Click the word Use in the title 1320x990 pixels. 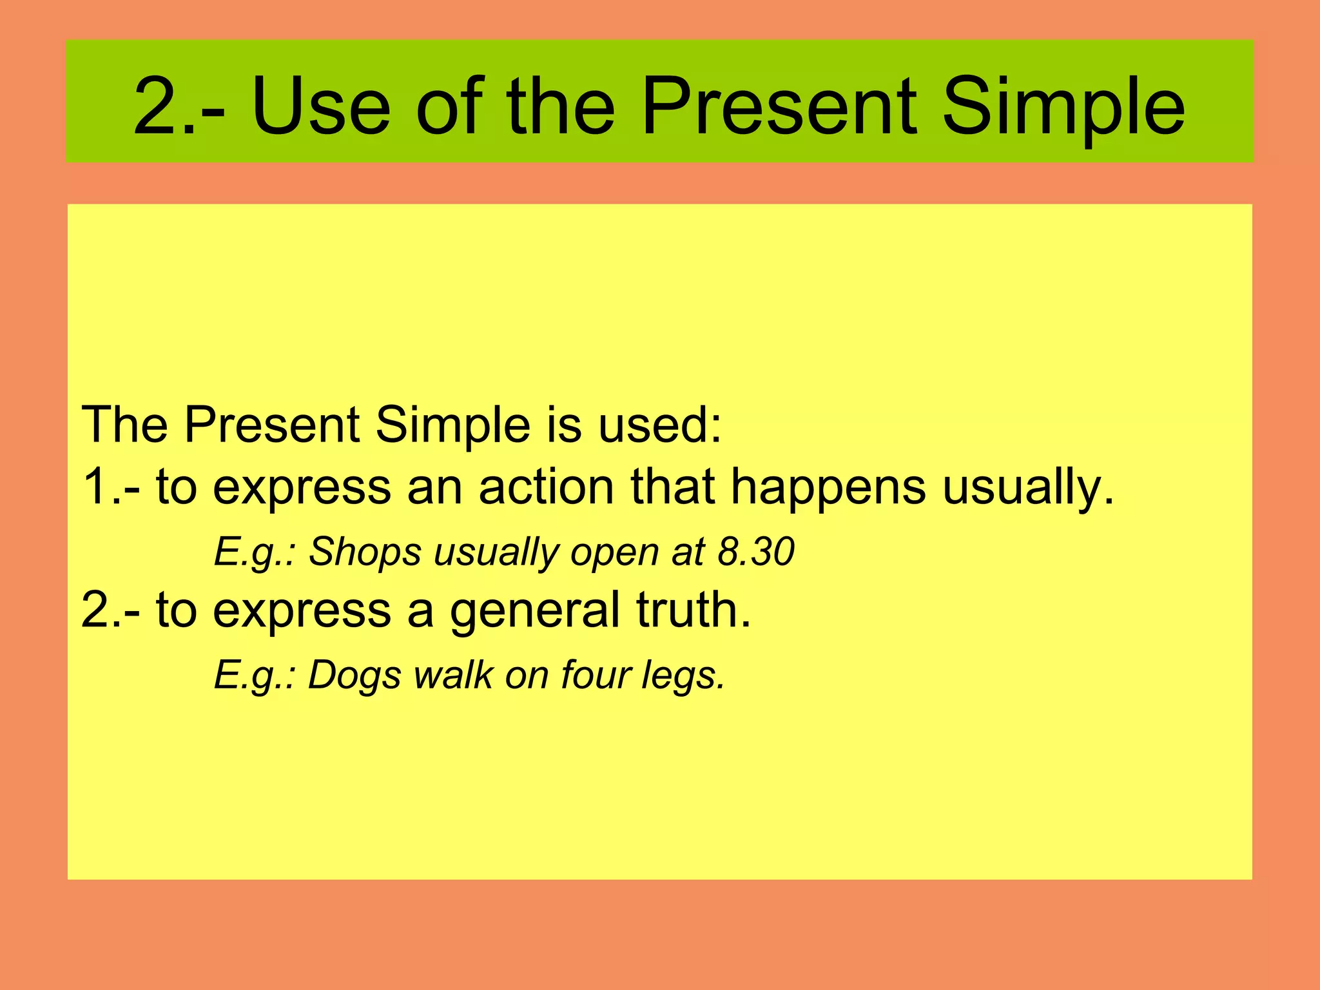tap(321, 106)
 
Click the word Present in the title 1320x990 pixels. tap(779, 106)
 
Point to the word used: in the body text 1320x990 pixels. tap(659, 425)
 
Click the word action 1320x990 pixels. tap(546, 487)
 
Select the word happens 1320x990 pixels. tap(828, 487)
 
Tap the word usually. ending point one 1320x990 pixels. tap(1028, 487)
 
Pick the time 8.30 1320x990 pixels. tap(756, 552)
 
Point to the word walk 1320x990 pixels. tap(453, 675)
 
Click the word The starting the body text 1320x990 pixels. tap(126, 425)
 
